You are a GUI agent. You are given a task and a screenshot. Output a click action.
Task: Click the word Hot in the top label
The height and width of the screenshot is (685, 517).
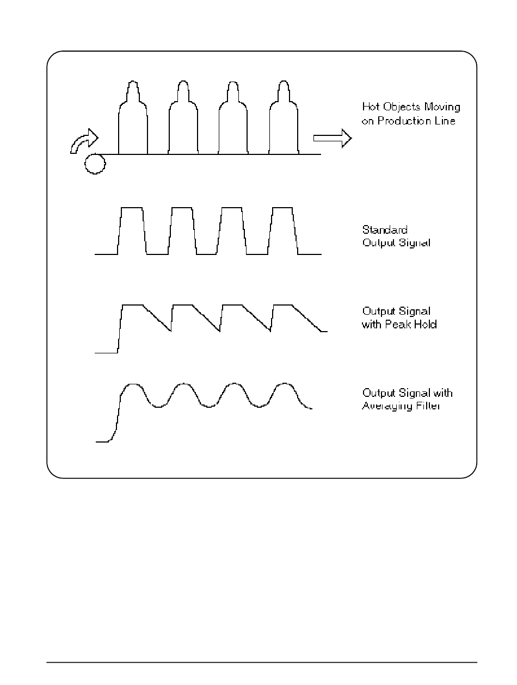coord(371,107)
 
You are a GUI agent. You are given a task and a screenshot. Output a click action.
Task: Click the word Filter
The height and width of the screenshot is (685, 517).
coord(427,406)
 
